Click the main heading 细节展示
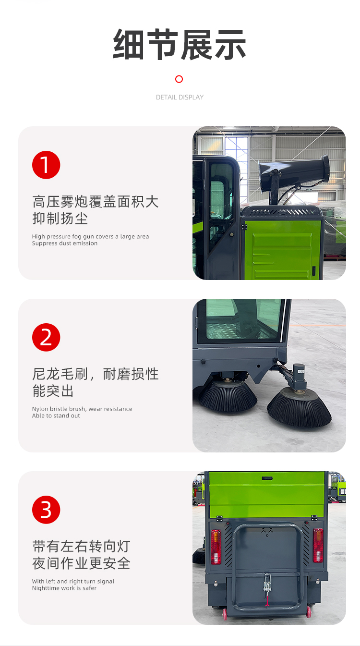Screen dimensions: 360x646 (179, 45)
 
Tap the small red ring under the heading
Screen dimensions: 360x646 (179, 79)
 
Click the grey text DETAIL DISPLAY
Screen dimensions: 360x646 (180, 97)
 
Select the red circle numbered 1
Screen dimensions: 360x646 (46, 165)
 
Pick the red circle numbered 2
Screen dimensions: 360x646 (46, 338)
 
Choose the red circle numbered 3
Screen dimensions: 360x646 (46, 510)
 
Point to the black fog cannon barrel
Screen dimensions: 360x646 (294, 171)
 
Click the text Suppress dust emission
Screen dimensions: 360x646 (65, 244)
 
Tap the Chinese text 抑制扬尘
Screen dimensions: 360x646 (60, 219)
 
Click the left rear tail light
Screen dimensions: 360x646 (216, 547)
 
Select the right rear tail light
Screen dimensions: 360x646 (318, 545)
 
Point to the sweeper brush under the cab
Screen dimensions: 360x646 (228, 395)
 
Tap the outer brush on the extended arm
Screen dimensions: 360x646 (299, 408)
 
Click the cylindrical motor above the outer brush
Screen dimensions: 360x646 (299, 373)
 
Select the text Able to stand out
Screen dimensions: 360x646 (56, 416)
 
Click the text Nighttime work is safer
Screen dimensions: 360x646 (64, 588)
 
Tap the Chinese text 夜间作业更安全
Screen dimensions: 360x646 (81, 563)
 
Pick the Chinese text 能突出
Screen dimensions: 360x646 (53, 391)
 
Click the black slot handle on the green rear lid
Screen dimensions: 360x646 (267, 478)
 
